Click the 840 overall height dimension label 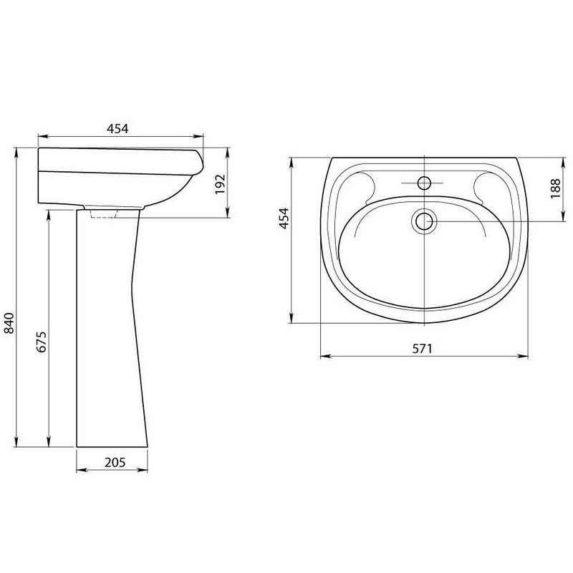[9, 323]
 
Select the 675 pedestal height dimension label [42, 342]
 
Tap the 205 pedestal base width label [115, 462]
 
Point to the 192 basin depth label [220, 184]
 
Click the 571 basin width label [422, 349]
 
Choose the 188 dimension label [555, 188]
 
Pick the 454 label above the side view [117, 129]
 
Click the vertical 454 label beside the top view [284, 218]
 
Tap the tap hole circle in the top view [424, 183]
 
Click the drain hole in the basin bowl [424, 221]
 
